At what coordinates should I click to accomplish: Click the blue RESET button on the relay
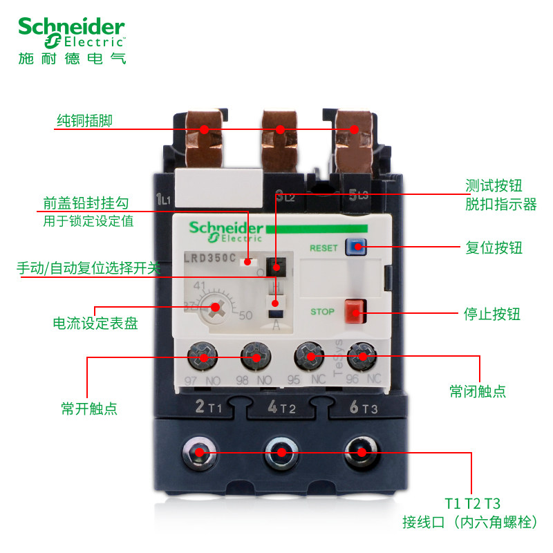(x=355, y=247)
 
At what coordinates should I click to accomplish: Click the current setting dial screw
(x=215, y=308)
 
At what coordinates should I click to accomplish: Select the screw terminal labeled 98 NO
(x=254, y=357)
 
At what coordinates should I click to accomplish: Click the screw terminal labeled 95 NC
(x=309, y=357)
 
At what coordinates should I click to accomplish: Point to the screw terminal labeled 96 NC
(x=361, y=357)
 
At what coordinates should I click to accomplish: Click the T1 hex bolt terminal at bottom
(x=199, y=453)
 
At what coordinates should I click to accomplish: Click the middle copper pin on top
(x=279, y=129)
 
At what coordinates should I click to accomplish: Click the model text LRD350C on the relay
(x=209, y=259)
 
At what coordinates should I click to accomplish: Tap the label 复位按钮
(x=494, y=247)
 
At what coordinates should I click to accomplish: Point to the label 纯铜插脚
(x=84, y=122)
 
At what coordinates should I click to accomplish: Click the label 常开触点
(x=89, y=409)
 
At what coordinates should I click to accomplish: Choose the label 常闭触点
(x=478, y=391)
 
